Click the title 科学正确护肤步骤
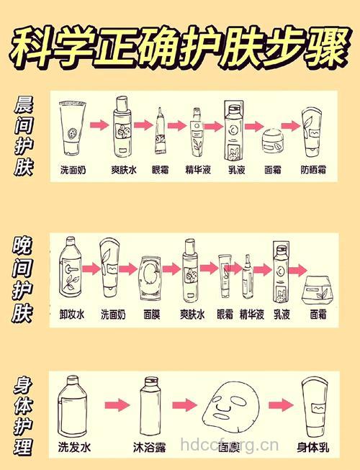pos(180,44)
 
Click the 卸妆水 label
pos(73,315)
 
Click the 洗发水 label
pos(75,447)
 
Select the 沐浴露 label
pos(150,447)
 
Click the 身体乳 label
pos(313,447)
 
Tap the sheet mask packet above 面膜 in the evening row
pos(150,278)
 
